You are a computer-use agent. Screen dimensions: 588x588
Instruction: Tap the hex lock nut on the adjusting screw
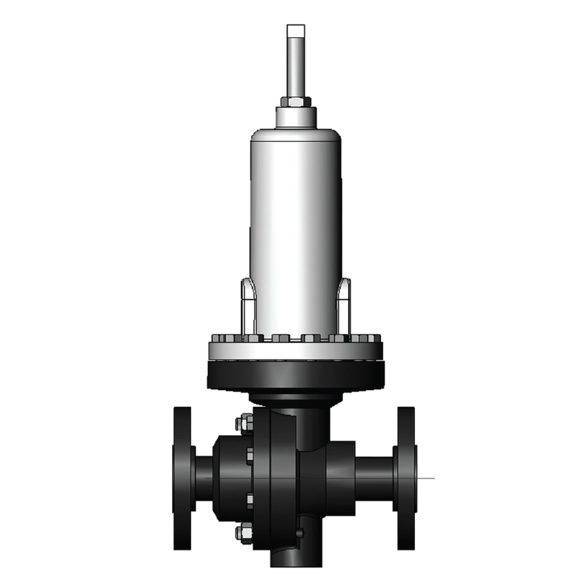295,102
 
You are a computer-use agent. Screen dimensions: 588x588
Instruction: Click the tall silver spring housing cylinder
295,220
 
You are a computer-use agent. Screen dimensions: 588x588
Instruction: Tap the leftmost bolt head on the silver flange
218,338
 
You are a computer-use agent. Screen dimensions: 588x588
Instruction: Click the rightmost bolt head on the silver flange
374,338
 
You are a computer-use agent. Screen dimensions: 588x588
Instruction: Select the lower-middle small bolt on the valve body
249,499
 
